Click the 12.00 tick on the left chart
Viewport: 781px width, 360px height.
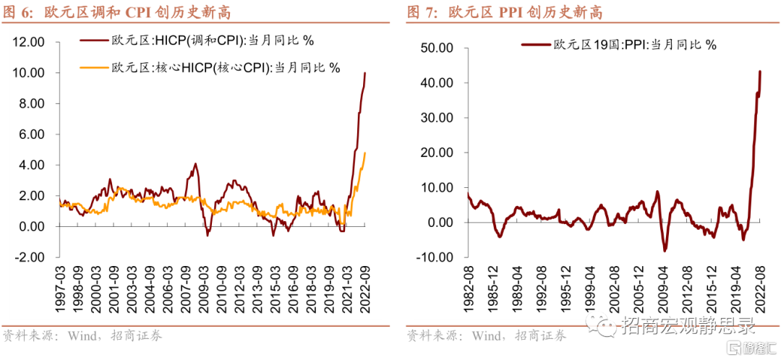tap(30, 42)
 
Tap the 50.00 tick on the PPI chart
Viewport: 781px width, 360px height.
tap(436, 48)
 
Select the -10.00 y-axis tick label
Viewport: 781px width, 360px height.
tap(434, 257)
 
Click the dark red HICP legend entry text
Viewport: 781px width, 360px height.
tap(213, 40)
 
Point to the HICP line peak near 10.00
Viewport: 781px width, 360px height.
tap(365, 73)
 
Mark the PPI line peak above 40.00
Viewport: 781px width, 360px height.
tap(760, 71)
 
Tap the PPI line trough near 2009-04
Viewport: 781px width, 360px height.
tap(665, 250)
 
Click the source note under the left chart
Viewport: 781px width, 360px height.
tap(82, 335)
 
